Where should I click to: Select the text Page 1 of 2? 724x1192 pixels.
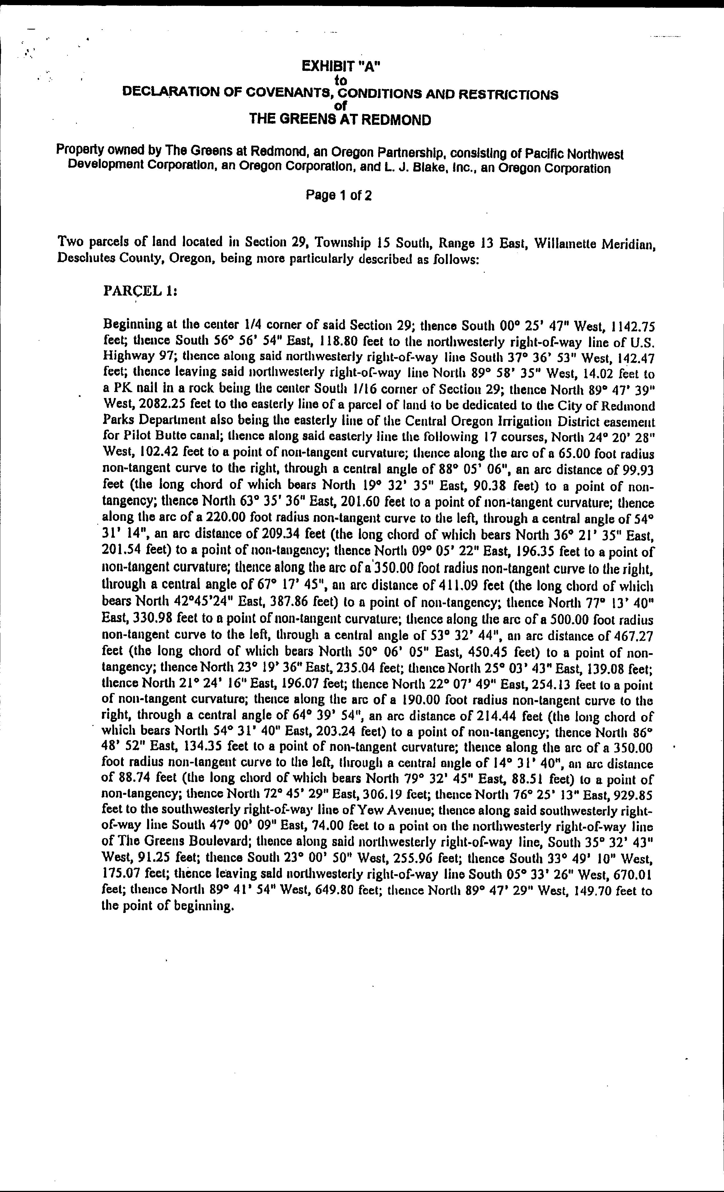pyautogui.click(x=339, y=195)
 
